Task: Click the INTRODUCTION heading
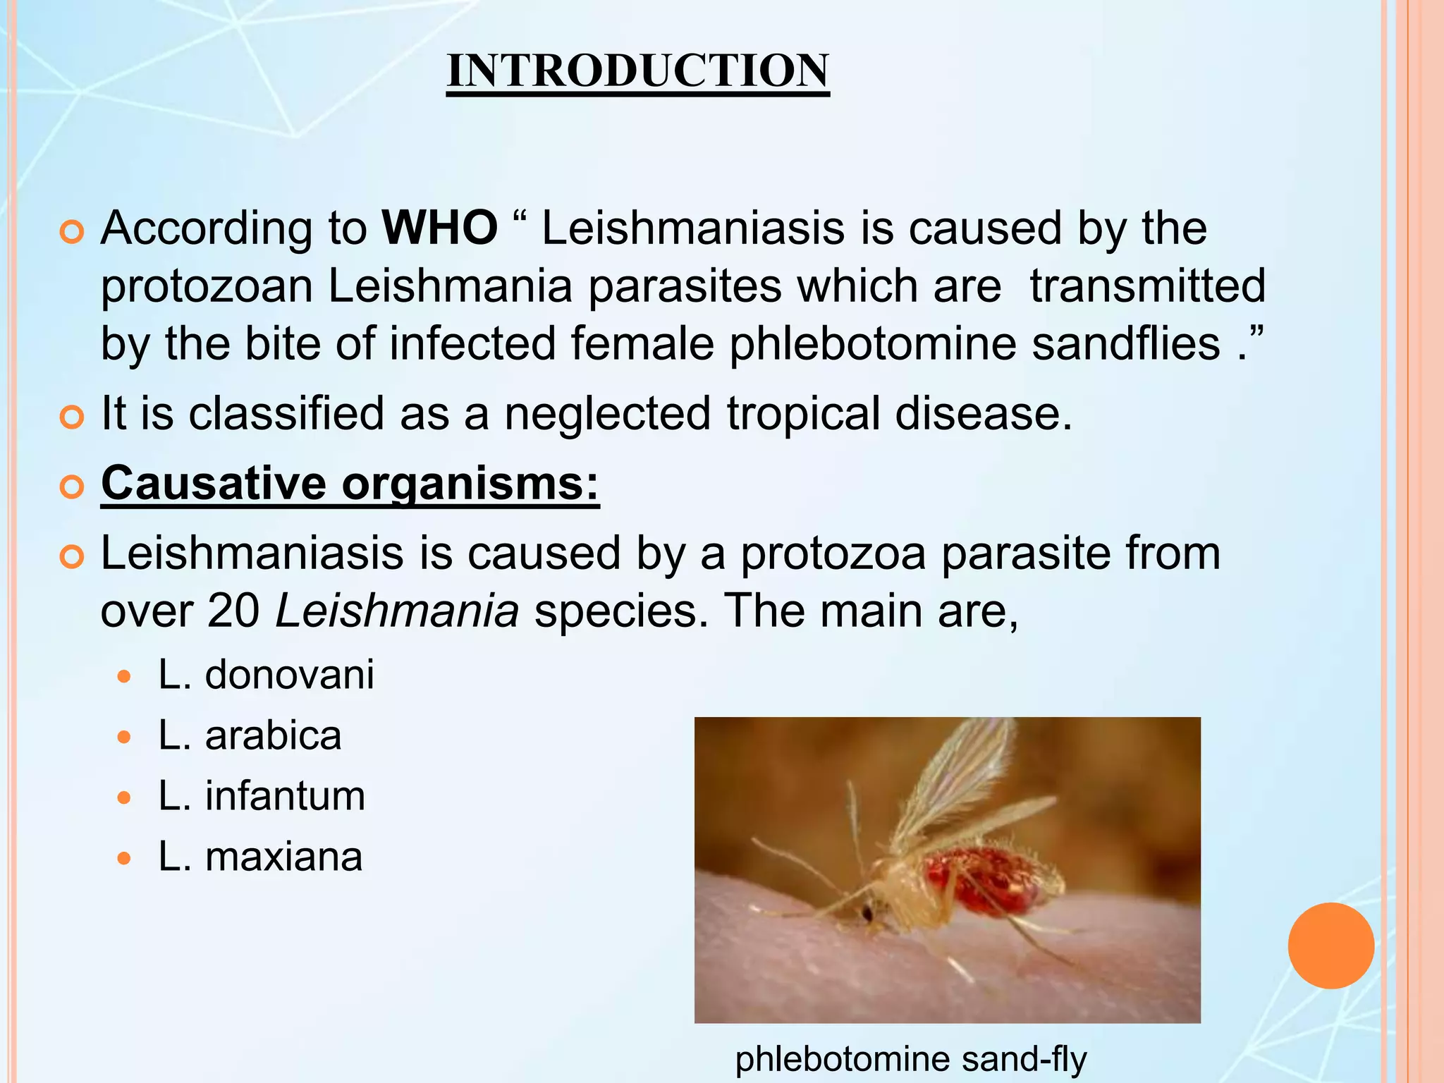[637, 71]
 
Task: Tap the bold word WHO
[439, 228]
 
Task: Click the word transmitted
[1147, 286]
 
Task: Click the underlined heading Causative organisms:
[350, 484]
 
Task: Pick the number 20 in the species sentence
[233, 611]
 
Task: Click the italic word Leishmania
[397, 611]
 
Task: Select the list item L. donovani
[266, 675]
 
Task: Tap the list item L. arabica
[250, 735]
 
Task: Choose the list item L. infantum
[262, 796]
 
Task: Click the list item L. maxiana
[260, 857]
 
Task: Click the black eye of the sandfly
[868, 915]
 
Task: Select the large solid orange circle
[1330, 946]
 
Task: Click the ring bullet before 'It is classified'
[72, 417]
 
